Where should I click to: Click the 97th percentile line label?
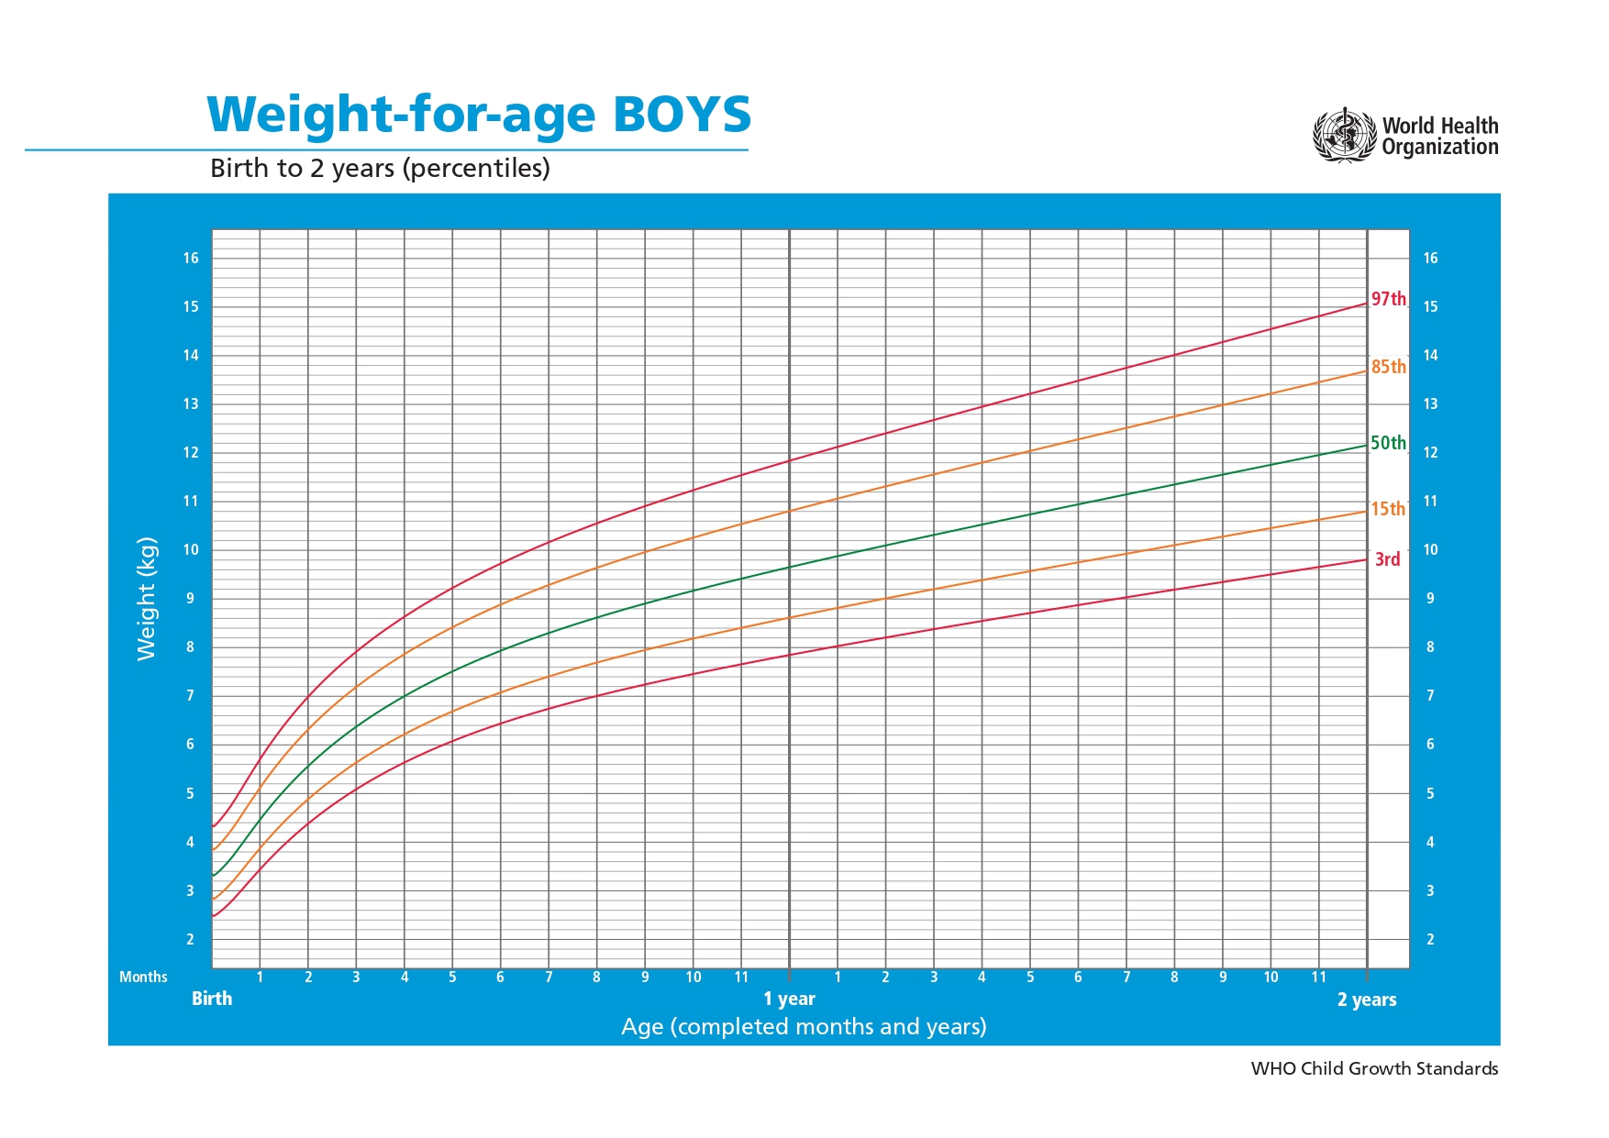click(x=1388, y=299)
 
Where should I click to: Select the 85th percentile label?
click(x=1388, y=367)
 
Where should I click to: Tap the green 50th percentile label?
click(x=1388, y=443)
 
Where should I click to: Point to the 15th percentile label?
click(x=1388, y=509)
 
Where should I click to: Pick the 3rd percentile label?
click(x=1387, y=559)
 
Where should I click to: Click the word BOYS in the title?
click(x=682, y=115)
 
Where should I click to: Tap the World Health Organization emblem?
click(x=1345, y=136)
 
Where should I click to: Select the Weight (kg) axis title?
click(x=147, y=598)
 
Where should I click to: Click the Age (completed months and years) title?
click(x=804, y=1026)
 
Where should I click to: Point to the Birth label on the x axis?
click(x=212, y=999)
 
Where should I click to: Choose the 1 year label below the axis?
click(x=789, y=999)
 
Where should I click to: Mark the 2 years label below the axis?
click(x=1366, y=1000)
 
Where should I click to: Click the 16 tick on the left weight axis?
click(x=191, y=258)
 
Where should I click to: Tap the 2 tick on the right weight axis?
click(x=1430, y=939)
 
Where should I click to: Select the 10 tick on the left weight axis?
click(x=191, y=550)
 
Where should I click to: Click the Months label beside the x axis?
click(x=143, y=977)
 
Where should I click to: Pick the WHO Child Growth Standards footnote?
click(x=1374, y=1068)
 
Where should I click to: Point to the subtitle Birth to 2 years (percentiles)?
click(x=380, y=168)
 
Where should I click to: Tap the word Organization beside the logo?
click(x=1439, y=147)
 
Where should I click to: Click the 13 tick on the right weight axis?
click(x=1430, y=403)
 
